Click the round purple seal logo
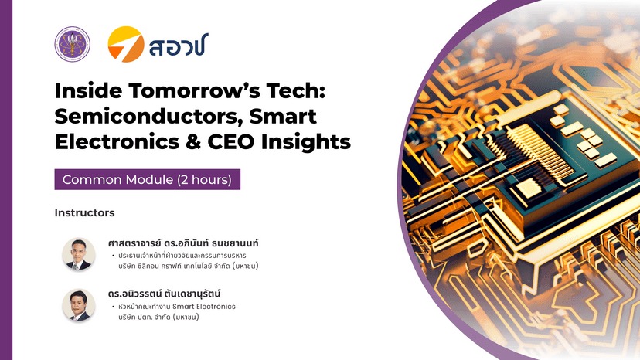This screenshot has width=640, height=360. [x=72, y=44]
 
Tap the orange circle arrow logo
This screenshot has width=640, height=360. [x=126, y=44]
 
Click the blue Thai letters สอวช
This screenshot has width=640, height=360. [x=179, y=45]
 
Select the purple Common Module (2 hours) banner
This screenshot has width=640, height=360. [x=148, y=179]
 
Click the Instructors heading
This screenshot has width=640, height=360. [x=84, y=212]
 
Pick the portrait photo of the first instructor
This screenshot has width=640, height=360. [x=79, y=254]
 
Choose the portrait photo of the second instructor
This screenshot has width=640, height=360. [x=79, y=305]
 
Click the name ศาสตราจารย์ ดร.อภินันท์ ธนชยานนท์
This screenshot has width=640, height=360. [x=183, y=243]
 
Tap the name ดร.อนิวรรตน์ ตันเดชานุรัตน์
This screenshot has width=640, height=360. [x=164, y=294]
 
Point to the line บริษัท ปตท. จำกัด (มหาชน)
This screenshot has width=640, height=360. [x=158, y=317]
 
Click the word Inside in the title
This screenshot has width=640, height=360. [x=88, y=90]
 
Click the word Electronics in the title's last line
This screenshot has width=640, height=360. [x=117, y=142]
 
